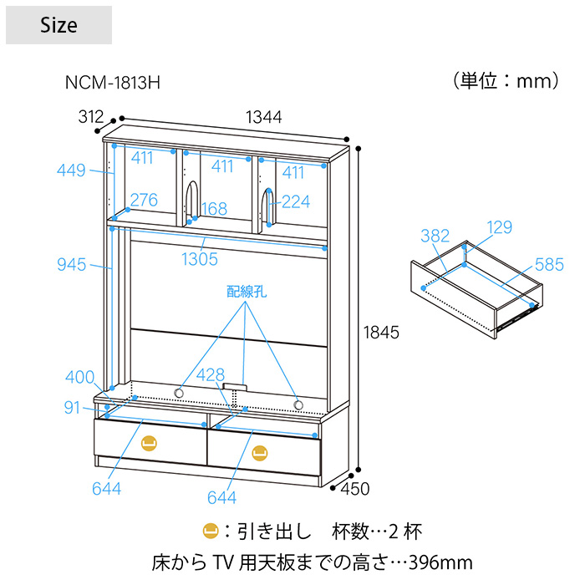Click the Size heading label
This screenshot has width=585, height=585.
click(59, 25)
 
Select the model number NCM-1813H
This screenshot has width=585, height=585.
click(113, 83)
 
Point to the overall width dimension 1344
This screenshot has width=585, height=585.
click(264, 117)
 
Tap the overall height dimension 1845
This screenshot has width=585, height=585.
click(381, 333)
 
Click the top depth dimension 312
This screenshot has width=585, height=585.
click(91, 117)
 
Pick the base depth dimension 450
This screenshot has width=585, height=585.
click(355, 489)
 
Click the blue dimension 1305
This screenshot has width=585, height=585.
click(200, 259)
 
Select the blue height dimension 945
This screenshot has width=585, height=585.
click(72, 265)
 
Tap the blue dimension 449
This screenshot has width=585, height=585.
click(71, 170)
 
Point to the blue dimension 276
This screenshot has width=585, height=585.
click(144, 200)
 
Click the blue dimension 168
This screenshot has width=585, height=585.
click(214, 209)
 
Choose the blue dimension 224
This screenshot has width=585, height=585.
click(296, 202)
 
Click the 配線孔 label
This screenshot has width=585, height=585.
click(247, 292)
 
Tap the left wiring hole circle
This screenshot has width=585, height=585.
click(179, 393)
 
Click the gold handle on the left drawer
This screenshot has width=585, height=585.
click(149, 443)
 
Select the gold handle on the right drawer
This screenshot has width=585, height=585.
click(259, 453)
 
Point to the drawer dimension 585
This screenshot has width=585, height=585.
click(549, 265)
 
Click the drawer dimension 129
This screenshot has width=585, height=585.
click(500, 227)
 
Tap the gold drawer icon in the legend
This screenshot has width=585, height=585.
click(211, 532)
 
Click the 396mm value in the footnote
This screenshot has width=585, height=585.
click(440, 562)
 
